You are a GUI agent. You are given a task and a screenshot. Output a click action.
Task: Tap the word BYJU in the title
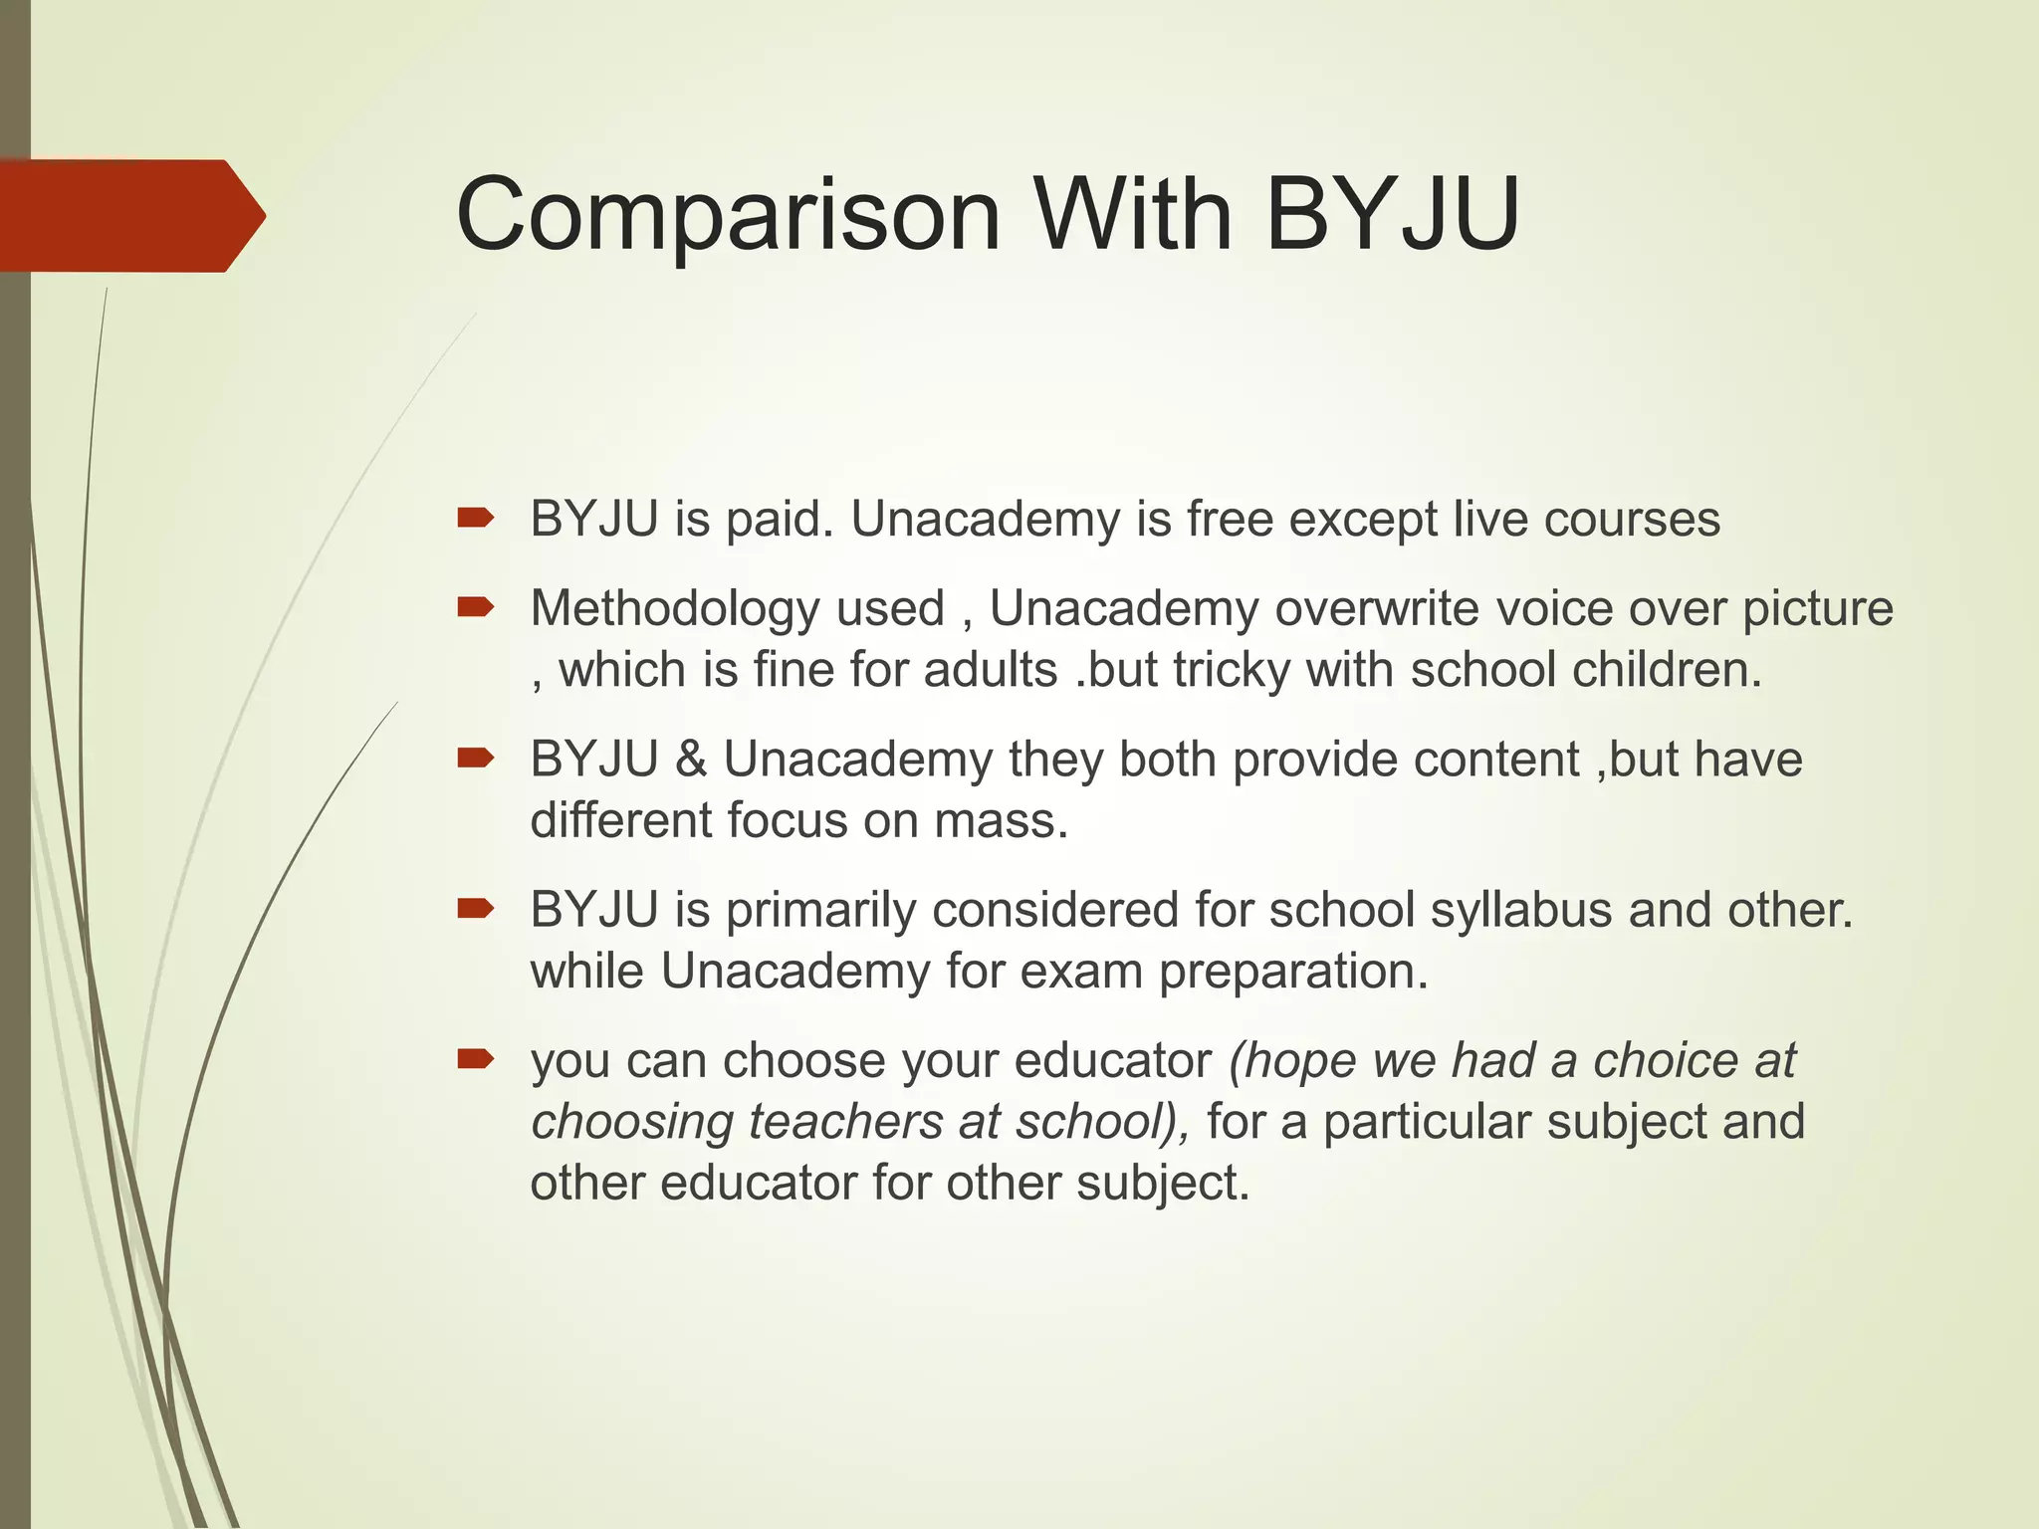coord(1393,214)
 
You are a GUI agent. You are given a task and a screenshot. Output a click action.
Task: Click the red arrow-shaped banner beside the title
coord(129,216)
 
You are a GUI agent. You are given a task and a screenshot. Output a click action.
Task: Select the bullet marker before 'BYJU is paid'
coord(475,518)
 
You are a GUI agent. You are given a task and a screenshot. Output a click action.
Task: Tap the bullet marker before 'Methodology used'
coord(475,606)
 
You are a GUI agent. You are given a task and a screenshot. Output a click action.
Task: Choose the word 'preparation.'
coord(1293,973)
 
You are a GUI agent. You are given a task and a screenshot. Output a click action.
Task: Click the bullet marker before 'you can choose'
coord(475,1059)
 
